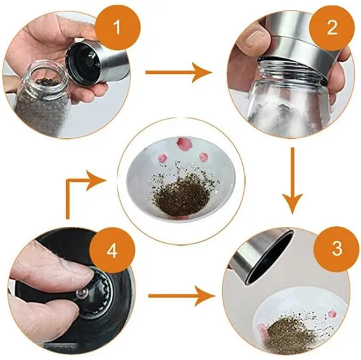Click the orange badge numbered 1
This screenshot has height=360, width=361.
tap(118, 27)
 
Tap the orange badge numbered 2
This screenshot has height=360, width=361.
tap(331, 28)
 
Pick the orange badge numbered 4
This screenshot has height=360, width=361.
tap(112, 251)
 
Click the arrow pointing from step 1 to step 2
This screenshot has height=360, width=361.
tap(179, 73)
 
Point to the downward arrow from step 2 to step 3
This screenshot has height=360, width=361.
tap(292, 181)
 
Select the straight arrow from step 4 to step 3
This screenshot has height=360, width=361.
tap(182, 296)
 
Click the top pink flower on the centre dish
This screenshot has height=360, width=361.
tap(182, 143)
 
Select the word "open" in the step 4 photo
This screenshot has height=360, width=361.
tap(57, 349)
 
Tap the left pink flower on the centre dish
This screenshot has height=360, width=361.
tap(163, 158)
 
